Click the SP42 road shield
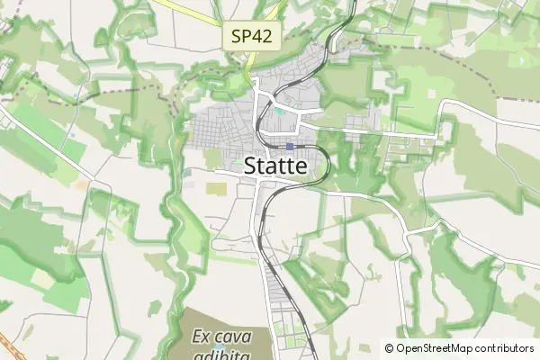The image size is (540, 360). (x=253, y=37)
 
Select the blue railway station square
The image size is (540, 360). (x=290, y=147)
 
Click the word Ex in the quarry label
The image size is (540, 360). (x=202, y=337)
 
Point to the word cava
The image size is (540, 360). (x=235, y=337)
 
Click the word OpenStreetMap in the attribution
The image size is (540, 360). (x=430, y=348)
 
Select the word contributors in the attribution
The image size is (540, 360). (x=500, y=348)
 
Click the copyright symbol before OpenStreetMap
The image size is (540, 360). (x=389, y=348)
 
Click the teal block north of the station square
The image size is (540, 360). (x=281, y=112)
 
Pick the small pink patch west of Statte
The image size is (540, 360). (x=190, y=184)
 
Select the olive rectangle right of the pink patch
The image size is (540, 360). (x=216, y=188)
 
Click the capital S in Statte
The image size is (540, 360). (x=253, y=166)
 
